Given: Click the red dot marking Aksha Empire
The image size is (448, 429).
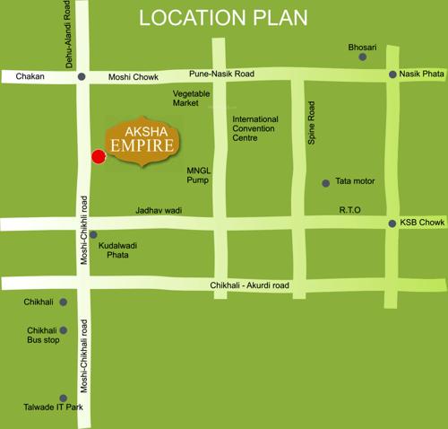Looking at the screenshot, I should (99, 157).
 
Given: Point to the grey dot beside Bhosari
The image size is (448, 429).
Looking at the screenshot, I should (363, 57).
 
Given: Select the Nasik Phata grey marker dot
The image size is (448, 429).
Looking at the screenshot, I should (392, 75).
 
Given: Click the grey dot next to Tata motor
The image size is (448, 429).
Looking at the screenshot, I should (326, 183).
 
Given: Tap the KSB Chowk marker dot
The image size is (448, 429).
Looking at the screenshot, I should (392, 223).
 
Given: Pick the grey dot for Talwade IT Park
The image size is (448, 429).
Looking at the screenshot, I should (63, 398).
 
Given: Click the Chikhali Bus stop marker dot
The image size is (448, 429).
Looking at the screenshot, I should (63, 330).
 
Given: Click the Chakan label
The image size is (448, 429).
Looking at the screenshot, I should (30, 77).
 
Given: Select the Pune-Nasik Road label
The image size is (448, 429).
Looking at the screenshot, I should (220, 73).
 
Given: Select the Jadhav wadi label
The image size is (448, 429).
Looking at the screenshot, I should (159, 210).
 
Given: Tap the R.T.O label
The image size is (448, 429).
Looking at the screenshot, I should (349, 210).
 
